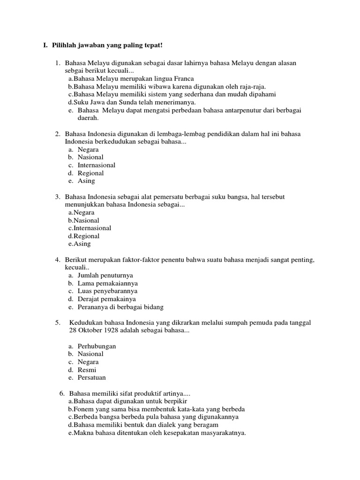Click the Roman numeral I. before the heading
pos(45,45)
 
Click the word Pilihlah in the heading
pos(64,45)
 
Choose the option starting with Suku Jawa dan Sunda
pos(132,102)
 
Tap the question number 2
pos(57,134)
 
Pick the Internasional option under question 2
pos(97,165)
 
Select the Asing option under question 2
pos(86,181)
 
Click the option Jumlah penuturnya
pos(105,276)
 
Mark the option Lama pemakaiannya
pos(107,284)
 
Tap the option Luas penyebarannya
pos(107,292)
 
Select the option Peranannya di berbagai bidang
pos(120,307)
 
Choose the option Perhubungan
pos(97,346)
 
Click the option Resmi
pos(87,370)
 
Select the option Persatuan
pos(91,378)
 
